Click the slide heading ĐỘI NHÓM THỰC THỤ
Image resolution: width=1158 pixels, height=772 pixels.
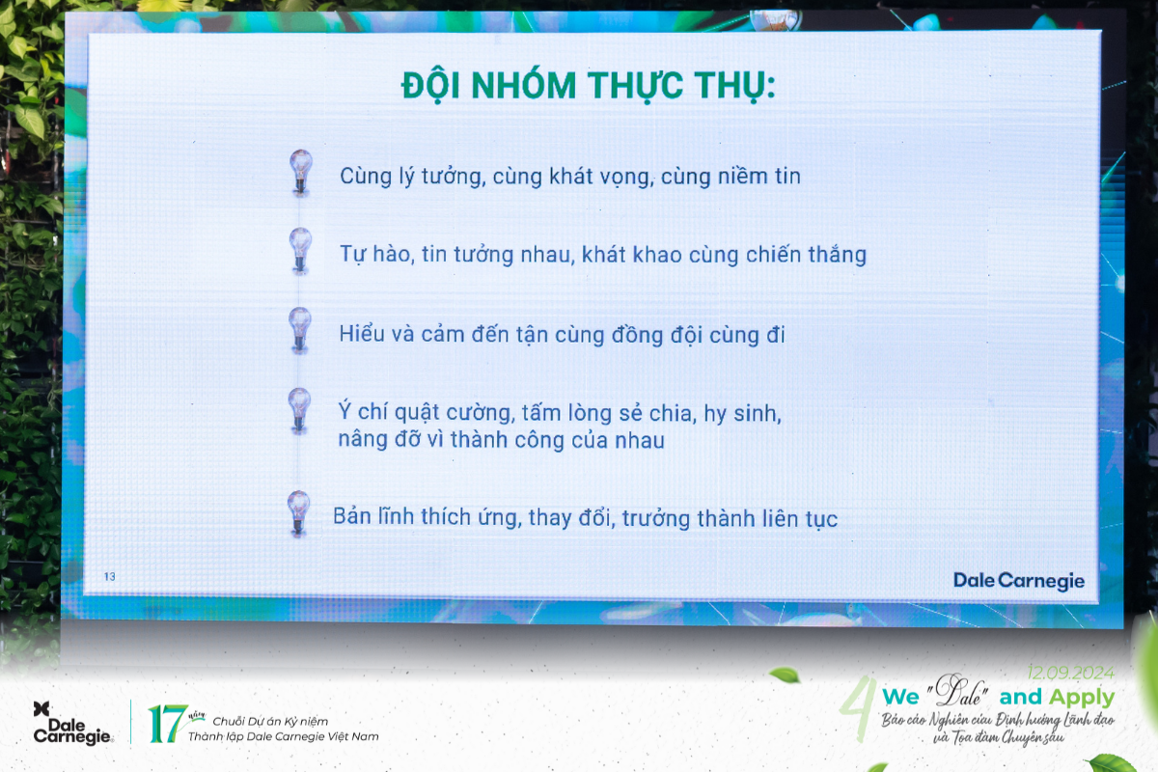click(x=589, y=86)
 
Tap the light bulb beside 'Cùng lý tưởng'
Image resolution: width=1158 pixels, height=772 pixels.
click(x=301, y=172)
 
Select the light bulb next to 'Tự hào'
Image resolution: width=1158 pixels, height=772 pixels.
click(x=301, y=250)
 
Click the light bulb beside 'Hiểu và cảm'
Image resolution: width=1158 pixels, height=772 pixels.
click(x=300, y=329)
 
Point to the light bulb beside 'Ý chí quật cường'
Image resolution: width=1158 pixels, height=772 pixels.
click(x=300, y=410)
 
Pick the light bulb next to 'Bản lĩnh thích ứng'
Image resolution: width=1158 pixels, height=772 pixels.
click(x=299, y=512)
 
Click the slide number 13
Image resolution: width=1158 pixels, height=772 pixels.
click(x=110, y=577)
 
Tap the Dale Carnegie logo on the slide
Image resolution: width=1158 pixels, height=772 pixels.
click(x=1018, y=581)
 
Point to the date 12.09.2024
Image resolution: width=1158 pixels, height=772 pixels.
click(x=1070, y=673)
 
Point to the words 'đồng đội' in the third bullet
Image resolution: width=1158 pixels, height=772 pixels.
click(x=660, y=335)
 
